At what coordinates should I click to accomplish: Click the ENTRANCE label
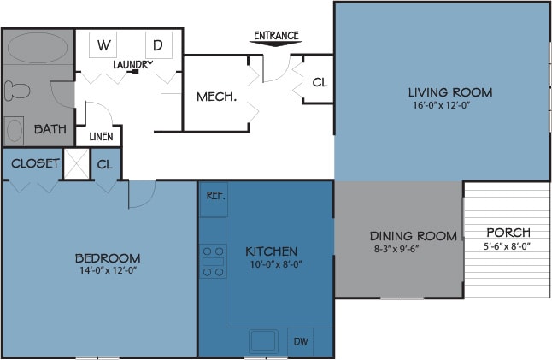276,35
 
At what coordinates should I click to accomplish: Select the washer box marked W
106,44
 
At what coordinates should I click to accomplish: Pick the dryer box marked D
158,44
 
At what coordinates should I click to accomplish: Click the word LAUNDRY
133,64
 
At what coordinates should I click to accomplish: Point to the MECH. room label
216,97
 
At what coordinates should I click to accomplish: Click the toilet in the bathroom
16,91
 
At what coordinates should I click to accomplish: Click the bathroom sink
15,131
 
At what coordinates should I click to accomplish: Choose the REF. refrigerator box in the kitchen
214,197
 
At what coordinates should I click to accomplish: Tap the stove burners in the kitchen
213,262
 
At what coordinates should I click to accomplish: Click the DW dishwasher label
302,340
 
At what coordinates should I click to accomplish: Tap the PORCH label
508,233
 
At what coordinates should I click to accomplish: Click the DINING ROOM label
413,236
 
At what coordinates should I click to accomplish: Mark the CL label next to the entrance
320,83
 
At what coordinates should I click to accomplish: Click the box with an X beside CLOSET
77,163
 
